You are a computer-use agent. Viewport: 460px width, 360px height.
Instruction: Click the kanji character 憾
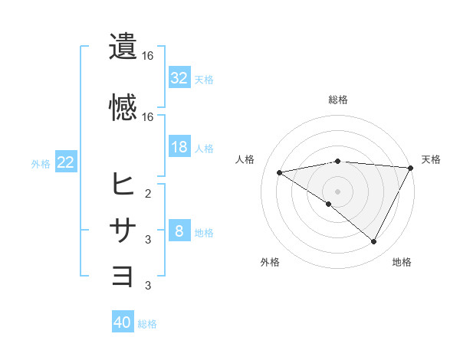pyautogui.click(x=123, y=107)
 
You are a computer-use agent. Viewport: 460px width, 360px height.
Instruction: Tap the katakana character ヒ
pyautogui.click(x=123, y=184)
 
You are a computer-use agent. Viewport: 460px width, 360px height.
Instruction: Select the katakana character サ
pyautogui.click(x=123, y=230)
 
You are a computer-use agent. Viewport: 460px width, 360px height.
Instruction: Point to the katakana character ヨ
pyautogui.click(x=123, y=276)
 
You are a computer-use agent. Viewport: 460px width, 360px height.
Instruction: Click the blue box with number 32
pyautogui.click(x=179, y=77)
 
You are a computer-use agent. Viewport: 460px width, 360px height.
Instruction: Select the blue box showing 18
pyautogui.click(x=179, y=147)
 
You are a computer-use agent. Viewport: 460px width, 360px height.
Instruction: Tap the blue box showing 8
pyautogui.click(x=179, y=231)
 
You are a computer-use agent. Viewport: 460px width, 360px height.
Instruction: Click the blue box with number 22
pyautogui.click(x=66, y=162)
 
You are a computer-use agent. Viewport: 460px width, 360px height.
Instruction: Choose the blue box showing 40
pyautogui.click(x=123, y=323)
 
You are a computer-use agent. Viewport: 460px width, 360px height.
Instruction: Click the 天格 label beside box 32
pyautogui.click(x=204, y=79)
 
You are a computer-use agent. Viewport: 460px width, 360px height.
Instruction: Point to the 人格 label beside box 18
pyautogui.click(x=204, y=148)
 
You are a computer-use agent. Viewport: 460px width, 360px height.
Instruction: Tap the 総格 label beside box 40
pyautogui.click(x=147, y=324)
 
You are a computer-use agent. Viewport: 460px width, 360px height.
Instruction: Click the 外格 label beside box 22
pyautogui.click(x=41, y=163)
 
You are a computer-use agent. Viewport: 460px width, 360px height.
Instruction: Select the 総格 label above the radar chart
pyautogui.click(x=337, y=100)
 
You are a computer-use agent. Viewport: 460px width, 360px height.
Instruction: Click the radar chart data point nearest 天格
pyautogui.click(x=411, y=168)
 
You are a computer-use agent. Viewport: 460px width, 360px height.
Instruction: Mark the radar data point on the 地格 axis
pyautogui.click(x=374, y=242)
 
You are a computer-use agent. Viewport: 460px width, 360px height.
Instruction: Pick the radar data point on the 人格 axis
pyautogui.click(x=280, y=172)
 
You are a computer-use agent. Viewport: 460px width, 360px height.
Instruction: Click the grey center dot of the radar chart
pyautogui.click(x=337, y=191)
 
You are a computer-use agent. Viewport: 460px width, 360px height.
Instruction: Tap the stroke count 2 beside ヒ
pyautogui.click(x=148, y=193)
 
